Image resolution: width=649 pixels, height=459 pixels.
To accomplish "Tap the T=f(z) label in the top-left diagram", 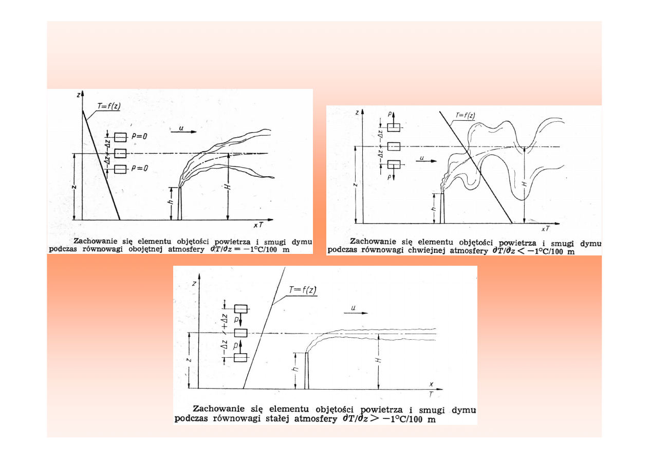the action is coord(108,106).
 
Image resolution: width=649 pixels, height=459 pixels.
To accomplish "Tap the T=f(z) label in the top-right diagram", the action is coord(466,115).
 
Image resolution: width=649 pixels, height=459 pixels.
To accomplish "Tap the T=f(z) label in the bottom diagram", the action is coord(303,290).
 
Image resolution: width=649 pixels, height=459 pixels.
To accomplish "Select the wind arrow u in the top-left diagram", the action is coord(183,132).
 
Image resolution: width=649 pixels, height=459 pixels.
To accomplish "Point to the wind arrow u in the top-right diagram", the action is coord(426,161).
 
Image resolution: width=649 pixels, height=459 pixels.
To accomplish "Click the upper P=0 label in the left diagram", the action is coord(139,136).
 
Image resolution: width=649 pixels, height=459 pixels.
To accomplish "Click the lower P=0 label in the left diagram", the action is coord(140,168).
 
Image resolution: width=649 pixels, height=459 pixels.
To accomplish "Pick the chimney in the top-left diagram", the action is coord(180,204).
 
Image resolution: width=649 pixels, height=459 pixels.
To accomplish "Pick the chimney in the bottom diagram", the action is coord(307,371).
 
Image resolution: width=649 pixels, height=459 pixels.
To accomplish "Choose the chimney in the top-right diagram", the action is coord(442,208).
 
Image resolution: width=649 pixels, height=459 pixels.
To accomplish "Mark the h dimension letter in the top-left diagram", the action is coord(171,201).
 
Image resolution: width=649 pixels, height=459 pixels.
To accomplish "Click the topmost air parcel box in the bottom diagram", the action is coord(241,309).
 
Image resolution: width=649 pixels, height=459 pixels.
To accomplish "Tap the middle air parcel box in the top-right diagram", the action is coord(394,146).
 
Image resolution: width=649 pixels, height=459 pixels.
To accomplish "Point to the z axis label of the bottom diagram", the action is coord(194,284).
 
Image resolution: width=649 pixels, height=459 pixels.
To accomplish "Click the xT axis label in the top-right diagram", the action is coord(546,229).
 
